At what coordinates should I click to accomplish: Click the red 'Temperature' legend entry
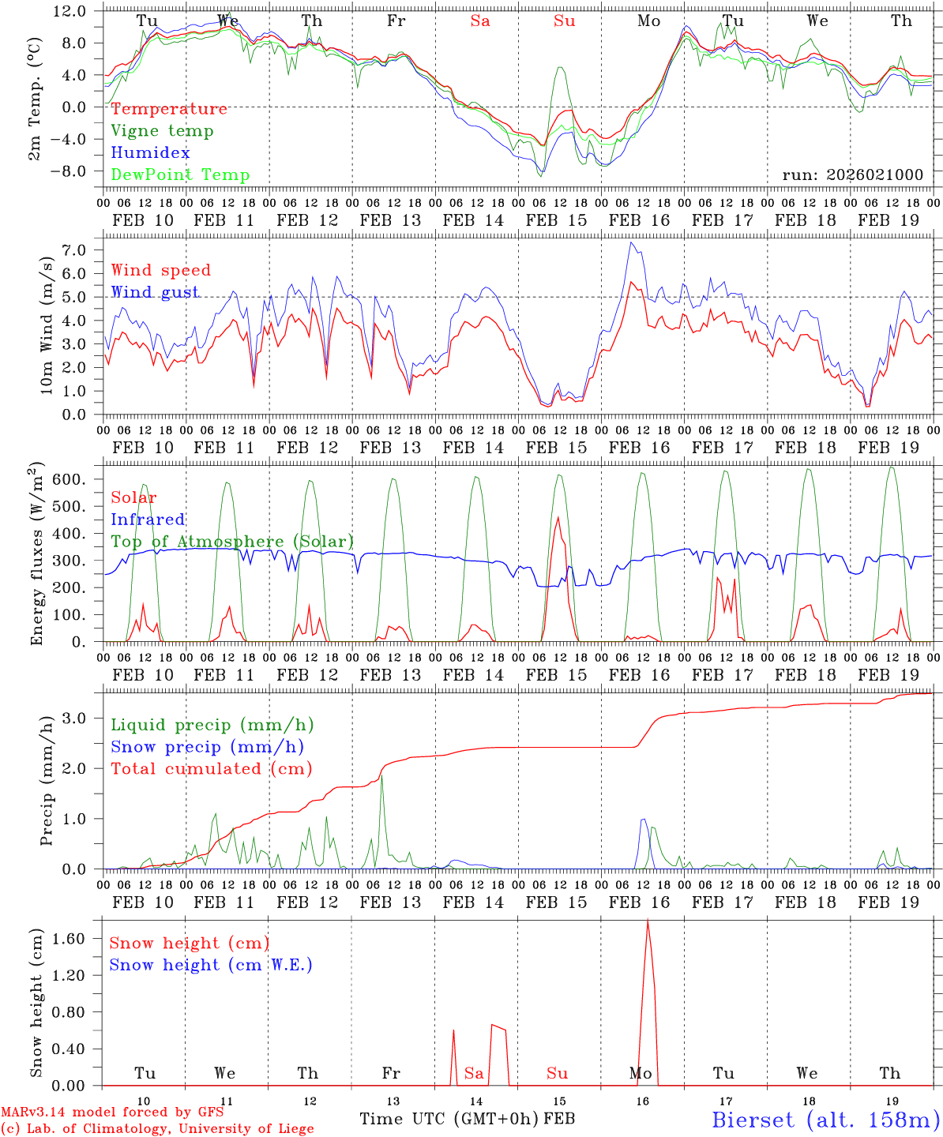(169, 109)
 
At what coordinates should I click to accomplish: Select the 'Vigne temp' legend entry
(162, 131)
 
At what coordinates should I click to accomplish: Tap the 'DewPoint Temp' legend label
(180, 175)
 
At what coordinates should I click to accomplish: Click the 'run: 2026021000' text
(852, 174)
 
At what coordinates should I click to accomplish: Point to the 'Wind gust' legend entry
(155, 292)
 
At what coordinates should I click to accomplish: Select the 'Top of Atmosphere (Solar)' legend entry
(232, 542)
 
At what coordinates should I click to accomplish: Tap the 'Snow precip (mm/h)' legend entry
(207, 747)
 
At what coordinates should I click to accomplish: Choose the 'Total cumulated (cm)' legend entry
(211, 768)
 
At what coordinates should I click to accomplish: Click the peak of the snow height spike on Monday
(648, 921)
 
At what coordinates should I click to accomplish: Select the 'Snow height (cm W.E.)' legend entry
(211, 965)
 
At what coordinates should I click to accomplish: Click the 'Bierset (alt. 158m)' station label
(825, 1120)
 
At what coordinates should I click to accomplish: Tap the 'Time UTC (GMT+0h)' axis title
(449, 1119)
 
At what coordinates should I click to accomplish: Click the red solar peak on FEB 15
(558, 518)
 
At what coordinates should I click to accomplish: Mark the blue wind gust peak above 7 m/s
(630, 242)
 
